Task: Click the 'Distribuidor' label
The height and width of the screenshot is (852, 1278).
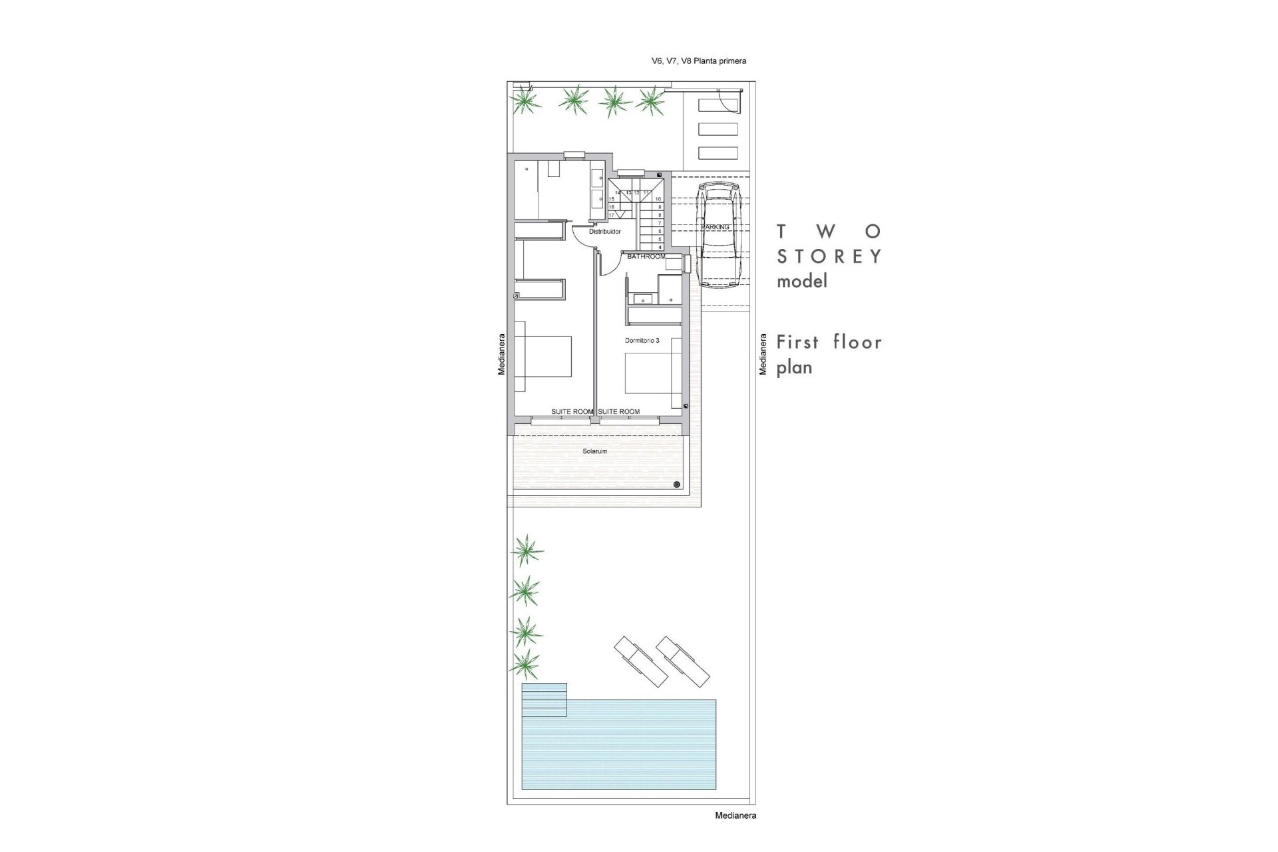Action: (x=605, y=232)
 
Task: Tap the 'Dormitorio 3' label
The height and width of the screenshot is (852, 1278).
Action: (x=642, y=340)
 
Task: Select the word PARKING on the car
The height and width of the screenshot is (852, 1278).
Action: (x=715, y=227)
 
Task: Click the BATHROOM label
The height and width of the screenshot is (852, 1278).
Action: (x=646, y=257)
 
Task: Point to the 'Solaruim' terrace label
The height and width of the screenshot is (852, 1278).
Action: (x=594, y=451)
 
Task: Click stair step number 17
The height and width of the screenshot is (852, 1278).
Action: (x=612, y=215)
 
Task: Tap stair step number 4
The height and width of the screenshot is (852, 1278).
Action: (x=659, y=247)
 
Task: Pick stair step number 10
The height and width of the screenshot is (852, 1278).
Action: (x=658, y=199)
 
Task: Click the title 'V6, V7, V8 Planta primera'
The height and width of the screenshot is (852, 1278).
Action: (x=698, y=61)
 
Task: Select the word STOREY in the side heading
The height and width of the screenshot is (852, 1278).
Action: (x=829, y=256)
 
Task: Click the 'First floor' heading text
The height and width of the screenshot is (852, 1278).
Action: (x=829, y=342)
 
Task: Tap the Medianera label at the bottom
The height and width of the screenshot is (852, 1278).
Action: (x=735, y=815)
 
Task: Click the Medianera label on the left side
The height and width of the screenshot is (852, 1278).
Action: (x=502, y=354)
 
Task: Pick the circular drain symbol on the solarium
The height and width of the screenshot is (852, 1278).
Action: (x=677, y=484)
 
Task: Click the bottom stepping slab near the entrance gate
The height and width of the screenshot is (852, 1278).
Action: (x=718, y=152)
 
